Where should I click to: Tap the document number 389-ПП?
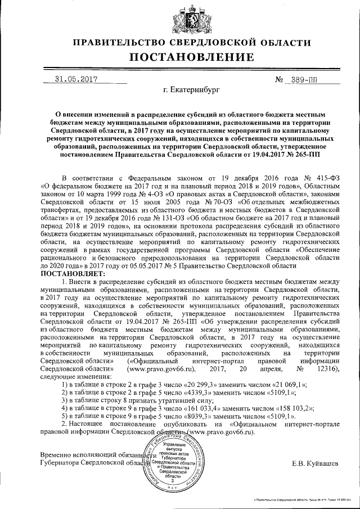pyautogui.click(x=301, y=80)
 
